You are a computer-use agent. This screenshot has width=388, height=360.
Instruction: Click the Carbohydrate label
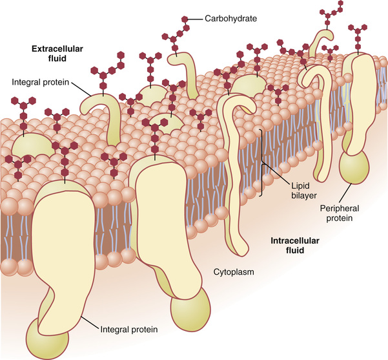230,19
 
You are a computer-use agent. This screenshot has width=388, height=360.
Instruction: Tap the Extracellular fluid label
57,54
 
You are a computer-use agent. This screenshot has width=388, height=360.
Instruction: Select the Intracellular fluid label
295,246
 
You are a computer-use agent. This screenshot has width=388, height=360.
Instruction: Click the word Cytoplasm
234,272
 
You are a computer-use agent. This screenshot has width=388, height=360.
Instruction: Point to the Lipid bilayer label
303,191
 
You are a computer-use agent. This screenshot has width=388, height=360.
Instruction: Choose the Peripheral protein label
339,213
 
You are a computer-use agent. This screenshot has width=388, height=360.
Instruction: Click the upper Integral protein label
40,82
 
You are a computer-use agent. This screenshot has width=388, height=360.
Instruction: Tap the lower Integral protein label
129,329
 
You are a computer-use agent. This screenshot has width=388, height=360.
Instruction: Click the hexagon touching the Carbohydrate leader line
185,19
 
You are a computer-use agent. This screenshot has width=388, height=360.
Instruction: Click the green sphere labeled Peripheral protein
354,167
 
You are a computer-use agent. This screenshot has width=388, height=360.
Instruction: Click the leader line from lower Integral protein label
90,323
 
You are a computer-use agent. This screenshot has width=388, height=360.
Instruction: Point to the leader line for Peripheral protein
345,193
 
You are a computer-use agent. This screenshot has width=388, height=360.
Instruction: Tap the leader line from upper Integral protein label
81,89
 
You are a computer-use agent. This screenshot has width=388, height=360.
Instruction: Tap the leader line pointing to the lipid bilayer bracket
277,174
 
